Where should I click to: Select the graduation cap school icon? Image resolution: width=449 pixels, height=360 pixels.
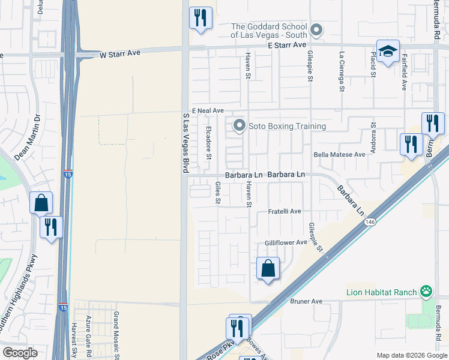(x=388, y=52)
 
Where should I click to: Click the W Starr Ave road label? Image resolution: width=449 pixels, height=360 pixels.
(x=119, y=53)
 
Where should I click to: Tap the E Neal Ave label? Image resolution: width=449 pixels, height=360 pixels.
(x=208, y=111)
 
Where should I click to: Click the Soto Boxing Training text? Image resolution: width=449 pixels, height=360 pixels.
(x=288, y=126)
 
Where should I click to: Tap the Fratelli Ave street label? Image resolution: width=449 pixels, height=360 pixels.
(x=284, y=212)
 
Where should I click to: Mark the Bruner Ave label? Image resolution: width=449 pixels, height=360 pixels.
(x=306, y=301)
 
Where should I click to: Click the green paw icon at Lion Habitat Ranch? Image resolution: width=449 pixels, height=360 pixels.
(x=426, y=292)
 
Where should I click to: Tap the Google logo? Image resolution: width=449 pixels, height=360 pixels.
(x=19, y=353)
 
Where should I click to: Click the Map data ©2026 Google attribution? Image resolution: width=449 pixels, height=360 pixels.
(x=411, y=355)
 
